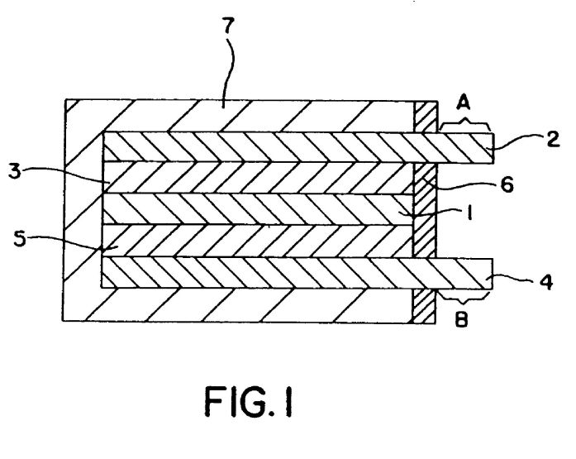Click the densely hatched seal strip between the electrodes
coord(423,207)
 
